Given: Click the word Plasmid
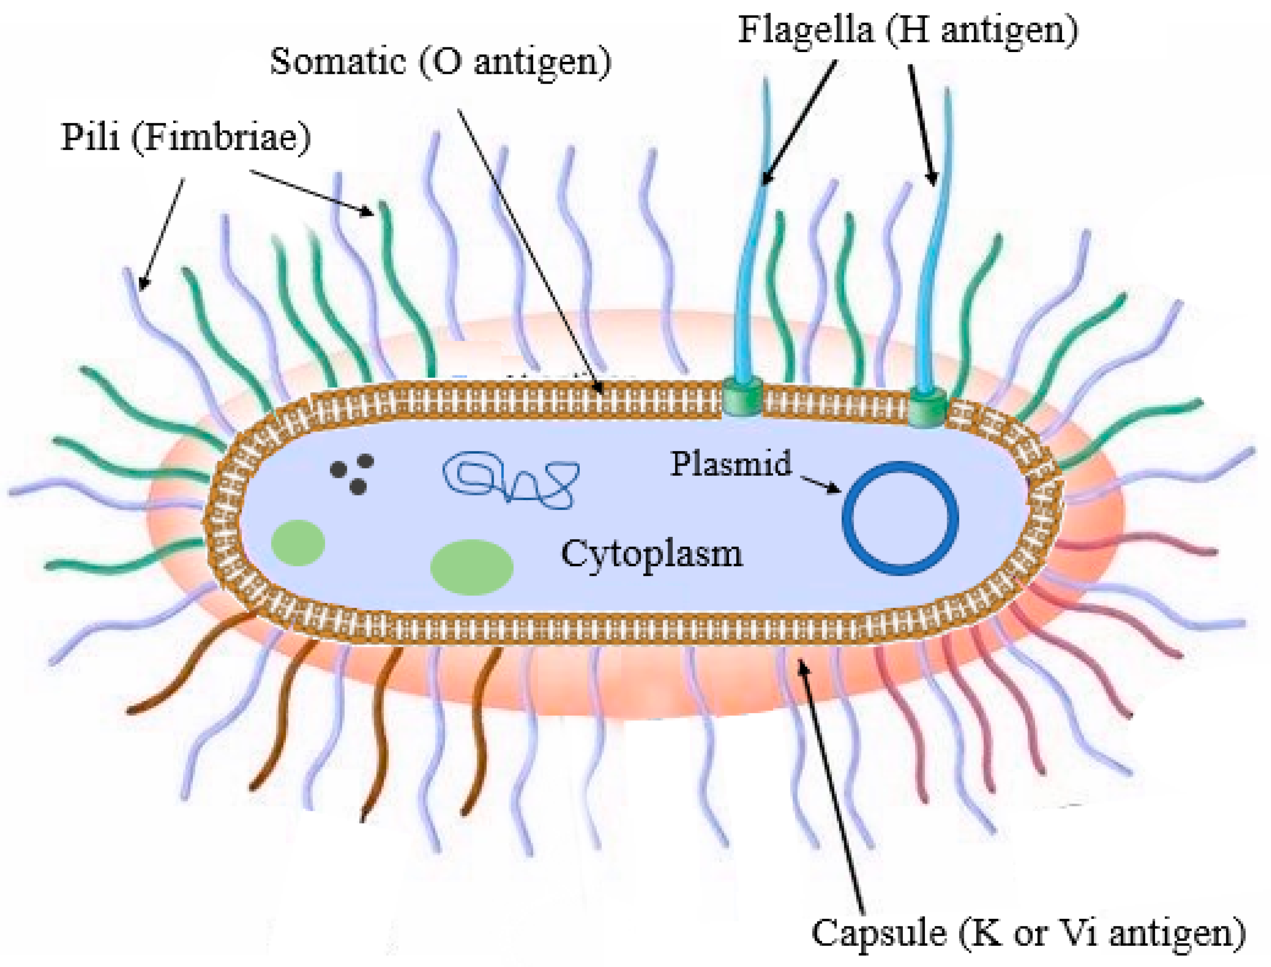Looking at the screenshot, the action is point(731,464).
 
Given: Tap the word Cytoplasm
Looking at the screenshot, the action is point(652,555).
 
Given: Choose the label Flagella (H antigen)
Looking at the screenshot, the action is point(907,30).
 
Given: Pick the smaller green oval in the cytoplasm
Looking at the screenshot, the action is point(298,542).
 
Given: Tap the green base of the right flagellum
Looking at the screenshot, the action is point(928,406).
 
